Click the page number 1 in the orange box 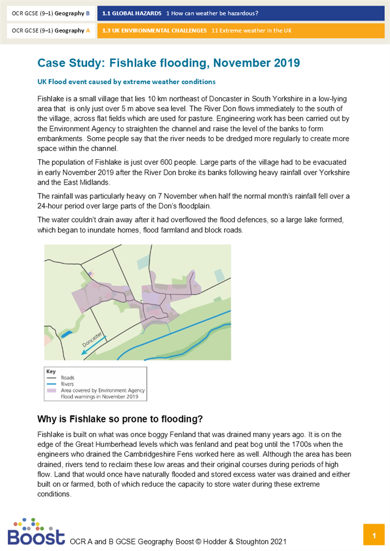[x=374, y=535]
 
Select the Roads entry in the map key [x=68, y=377]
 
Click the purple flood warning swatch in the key [x=52, y=391]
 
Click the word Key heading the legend [x=51, y=371]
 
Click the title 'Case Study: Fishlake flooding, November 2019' [x=168, y=63]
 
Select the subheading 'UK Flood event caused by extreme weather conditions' [x=126, y=82]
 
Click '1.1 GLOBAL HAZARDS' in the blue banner [x=131, y=13]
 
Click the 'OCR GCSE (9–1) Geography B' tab [x=51, y=13]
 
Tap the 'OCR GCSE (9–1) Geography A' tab [x=51, y=31]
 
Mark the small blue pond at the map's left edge [x=67, y=333]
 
